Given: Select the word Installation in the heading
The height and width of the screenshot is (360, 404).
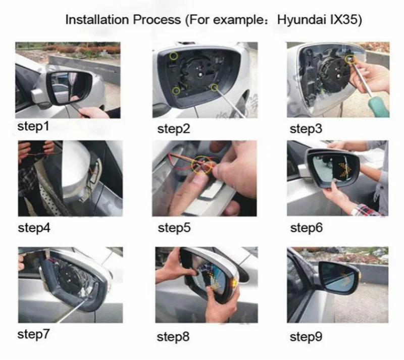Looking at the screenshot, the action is tap(97, 20).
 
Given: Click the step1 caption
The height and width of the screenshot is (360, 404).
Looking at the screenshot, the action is tap(33, 127).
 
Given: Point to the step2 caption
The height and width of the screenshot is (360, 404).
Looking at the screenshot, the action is tap(173, 129).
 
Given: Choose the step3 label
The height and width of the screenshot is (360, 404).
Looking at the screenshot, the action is tap(306, 129).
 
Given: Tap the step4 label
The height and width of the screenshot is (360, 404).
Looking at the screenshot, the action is tap(34, 228).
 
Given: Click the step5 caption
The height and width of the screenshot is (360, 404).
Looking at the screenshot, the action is tap(174, 228).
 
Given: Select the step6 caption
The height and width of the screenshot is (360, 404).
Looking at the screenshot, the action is tap(306, 228).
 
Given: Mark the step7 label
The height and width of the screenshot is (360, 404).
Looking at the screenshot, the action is tap(33, 334).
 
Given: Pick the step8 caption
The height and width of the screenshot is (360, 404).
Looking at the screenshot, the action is tap(173, 337).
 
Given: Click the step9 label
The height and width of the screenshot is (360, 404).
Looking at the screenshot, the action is tap(306, 337).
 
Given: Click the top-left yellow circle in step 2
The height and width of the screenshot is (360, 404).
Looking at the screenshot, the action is tap(173, 56).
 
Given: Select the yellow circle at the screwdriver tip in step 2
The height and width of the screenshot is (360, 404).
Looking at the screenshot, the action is tap(214, 88).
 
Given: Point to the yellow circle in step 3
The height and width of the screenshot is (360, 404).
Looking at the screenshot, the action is tap(350, 59).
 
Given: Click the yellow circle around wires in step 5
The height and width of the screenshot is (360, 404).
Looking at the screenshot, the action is tap(201, 165).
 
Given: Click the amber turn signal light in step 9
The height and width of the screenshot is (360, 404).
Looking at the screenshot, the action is tap(360, 277).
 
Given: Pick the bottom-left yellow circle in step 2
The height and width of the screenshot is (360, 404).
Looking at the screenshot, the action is tap(176, 91).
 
